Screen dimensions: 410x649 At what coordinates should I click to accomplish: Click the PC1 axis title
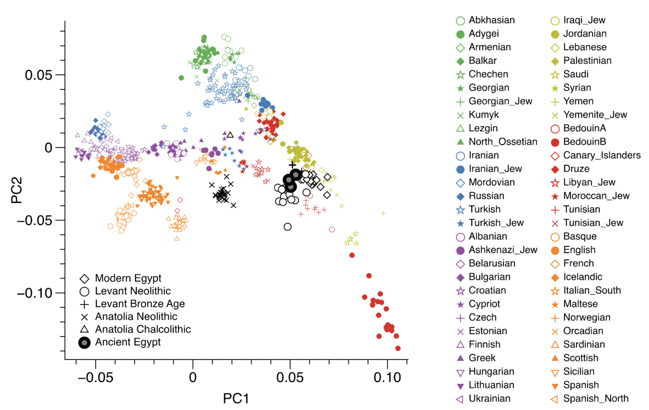click(236, 398)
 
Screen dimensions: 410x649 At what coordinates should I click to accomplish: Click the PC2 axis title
click(17, 190)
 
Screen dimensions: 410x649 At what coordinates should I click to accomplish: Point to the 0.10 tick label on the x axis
click(387, 378)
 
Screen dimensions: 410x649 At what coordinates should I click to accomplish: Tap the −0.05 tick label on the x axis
click(95, 378)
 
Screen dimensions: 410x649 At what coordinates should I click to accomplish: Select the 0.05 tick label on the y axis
click(38, 75)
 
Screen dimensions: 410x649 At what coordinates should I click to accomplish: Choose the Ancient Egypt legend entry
click(128, 342)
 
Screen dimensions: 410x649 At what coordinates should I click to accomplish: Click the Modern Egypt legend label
click(128, 278)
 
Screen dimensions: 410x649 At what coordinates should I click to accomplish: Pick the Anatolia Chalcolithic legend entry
click(143, 329)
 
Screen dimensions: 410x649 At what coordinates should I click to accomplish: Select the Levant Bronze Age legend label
click(140, 304)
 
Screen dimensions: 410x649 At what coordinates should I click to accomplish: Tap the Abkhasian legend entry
click(491, 20)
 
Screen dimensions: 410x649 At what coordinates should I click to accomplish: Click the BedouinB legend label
click(584, 142)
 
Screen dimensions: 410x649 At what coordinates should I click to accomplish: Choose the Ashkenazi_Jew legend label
click(503, 250)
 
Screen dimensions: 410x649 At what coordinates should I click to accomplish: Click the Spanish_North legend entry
click(595, 399)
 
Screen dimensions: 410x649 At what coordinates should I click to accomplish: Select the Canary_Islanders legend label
click(601, 155)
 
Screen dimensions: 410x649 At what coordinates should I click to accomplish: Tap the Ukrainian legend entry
click(489, 399)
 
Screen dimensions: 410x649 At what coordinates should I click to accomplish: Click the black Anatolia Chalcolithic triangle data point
click(230, 135)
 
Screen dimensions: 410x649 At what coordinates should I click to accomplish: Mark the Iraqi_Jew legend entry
click(584, 20)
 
